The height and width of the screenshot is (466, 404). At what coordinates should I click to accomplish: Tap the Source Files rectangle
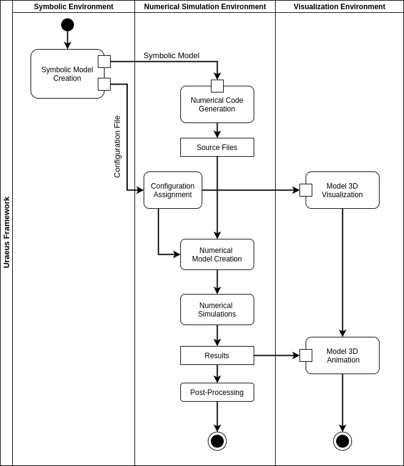pyautogui.click(x=217, y=148)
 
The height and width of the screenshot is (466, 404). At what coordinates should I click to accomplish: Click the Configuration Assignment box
pyautogui.click(x=173, y=190)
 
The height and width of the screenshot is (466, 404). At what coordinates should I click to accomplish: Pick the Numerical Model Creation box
pyautogui.click(x=217, y=255)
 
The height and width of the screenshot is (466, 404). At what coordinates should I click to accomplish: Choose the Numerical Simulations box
pyautogui.click(x=217, y=310)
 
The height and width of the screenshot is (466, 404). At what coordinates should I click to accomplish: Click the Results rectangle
pyautogui.click(x=217, y=356)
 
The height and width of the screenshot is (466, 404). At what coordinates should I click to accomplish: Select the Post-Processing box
pyautogui.click(x=217, y=393)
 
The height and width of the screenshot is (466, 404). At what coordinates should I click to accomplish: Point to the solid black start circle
pyautogui.click(x=67, y=25)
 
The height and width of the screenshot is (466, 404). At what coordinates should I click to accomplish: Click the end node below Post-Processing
pyautogui.click(x=217, y=441)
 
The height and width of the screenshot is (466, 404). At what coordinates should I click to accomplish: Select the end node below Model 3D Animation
pyautogui.click(x=342, y=441)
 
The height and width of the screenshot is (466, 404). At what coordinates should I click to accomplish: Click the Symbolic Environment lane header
pyautogui.click(x=73, y=7)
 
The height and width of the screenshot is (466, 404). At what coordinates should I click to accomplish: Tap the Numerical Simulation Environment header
pyautogui.click(x=205, y=7)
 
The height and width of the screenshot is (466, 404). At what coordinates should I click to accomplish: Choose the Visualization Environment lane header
pyautogui.click(x=339, y=7)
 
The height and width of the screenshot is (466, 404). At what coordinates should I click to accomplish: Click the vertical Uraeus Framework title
pyautogui.click(x=7, y=232)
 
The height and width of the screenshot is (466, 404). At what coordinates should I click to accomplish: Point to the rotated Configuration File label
pyautogui.click(x=117, y=147)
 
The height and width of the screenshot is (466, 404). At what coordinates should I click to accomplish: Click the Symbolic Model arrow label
pyautogui.click(x=171, y=56)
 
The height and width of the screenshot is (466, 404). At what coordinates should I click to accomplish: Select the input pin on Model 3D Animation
pyautogui.click(x=306, y=356)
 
